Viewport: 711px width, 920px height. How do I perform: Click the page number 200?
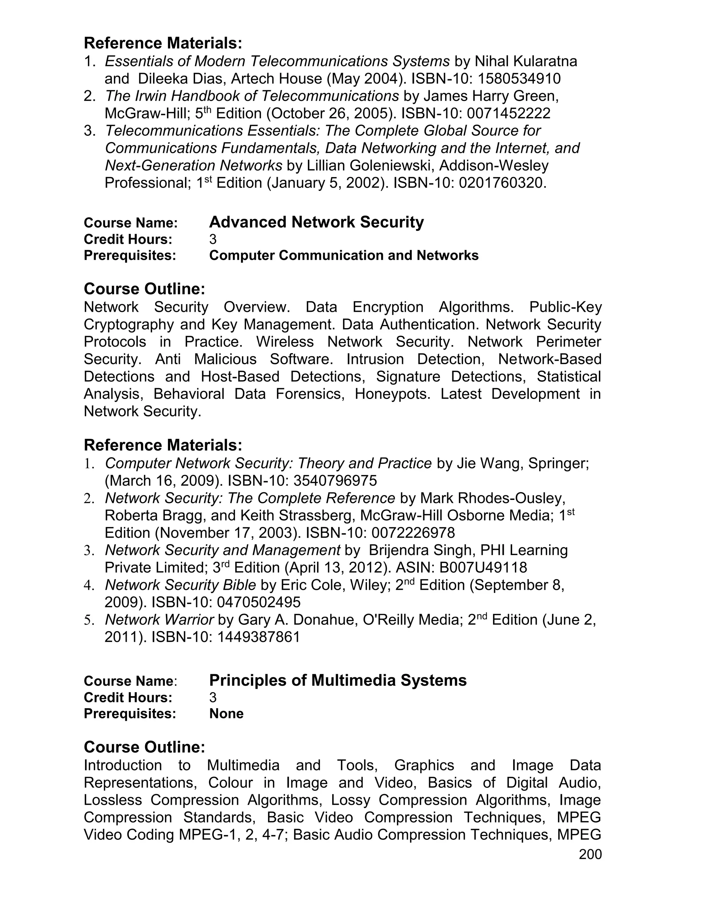pyautogui.click(x=590, y=854)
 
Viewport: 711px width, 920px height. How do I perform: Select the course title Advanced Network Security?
pyautogui.click(x=316, y=222)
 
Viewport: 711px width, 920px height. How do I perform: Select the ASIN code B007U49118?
pyautogui.click(x=483, y=568)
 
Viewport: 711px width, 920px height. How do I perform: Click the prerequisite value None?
pyautogui.click(x=226, y=713)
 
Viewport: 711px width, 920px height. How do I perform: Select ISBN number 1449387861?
pyautogui.click(x=259, y=637)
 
